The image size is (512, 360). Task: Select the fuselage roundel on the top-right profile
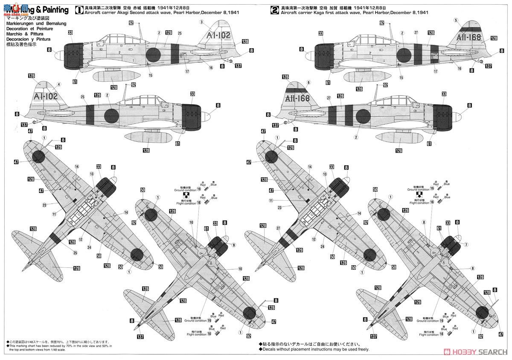[x=404, y=55]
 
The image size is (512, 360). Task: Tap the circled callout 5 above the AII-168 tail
[x=456, y=20]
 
